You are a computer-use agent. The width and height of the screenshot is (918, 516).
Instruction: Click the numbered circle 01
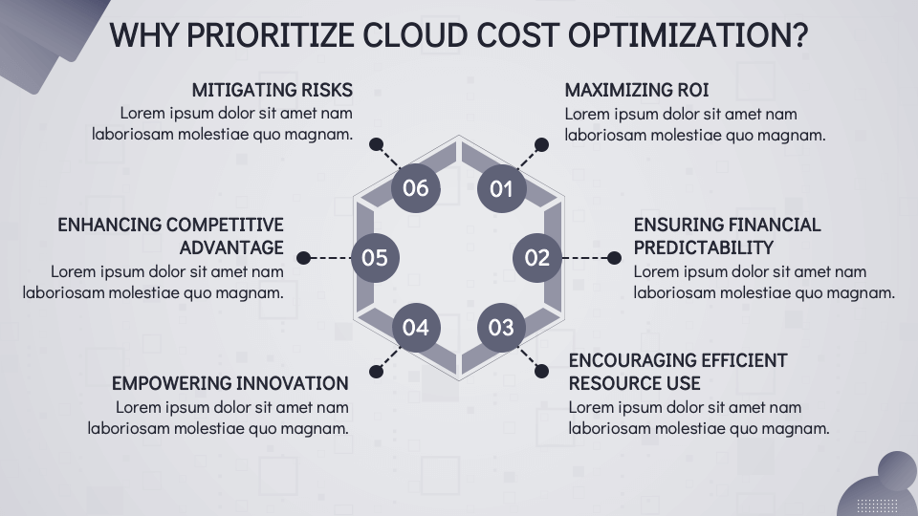(x=501, y=187)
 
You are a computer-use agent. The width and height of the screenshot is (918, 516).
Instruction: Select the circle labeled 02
(x=537, y=257)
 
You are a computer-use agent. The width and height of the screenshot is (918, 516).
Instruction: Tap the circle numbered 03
(x=501, y=327)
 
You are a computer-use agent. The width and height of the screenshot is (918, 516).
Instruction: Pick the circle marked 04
(x=416, y=327)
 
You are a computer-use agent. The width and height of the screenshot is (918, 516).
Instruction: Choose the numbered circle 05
(x=375, y=257)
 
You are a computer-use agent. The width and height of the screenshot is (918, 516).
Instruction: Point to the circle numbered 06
(x=416, y=187)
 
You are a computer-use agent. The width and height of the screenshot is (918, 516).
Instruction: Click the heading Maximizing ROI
(x=636, y=90)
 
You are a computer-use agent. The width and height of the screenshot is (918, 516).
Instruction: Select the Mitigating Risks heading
(x=272, y=90)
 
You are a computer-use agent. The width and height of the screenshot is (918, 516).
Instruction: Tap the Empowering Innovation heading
(x=229, y=383)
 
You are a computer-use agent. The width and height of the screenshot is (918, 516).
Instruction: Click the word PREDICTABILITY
(x=703, y=247)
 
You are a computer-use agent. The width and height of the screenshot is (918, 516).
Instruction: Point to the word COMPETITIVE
(x=225, y=225)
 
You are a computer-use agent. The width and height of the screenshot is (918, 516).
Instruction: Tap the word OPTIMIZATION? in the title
(x=688, y=35)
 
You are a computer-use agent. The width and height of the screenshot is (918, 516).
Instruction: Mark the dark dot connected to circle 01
(x=541, y=145)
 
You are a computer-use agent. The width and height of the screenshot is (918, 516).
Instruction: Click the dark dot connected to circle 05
(x=304, y=258)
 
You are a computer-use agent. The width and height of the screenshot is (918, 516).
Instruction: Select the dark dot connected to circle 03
(x=541, y=370)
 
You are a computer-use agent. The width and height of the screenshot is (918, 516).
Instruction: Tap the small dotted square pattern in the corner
(x=876, y=505)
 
